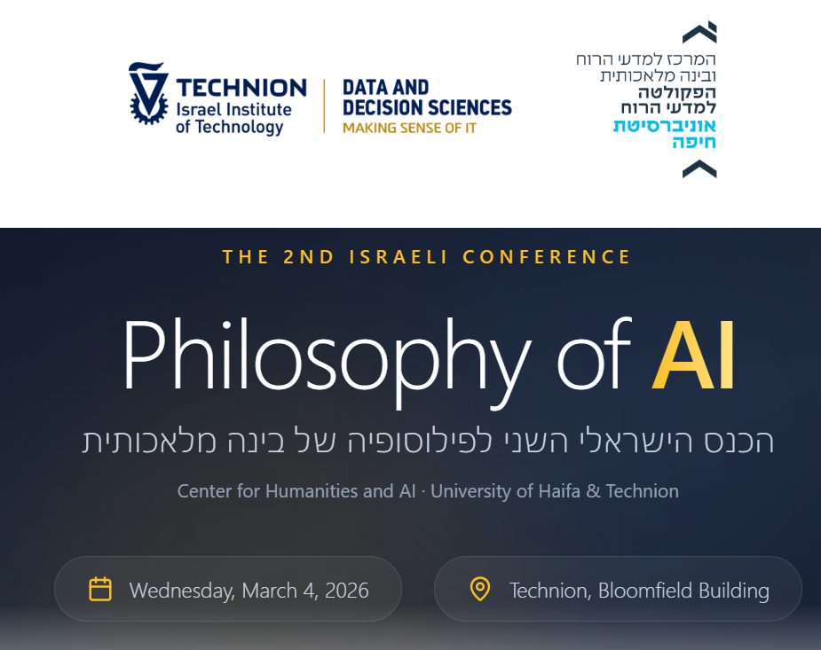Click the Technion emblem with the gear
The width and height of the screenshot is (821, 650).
tap(149, 93)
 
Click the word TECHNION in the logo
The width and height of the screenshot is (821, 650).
tap(241, 88)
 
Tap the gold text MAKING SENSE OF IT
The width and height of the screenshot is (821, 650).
tap(409, 128)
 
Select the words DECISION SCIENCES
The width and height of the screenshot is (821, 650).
tap(427, 107)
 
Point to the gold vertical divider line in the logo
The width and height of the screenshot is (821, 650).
tap(324, 106)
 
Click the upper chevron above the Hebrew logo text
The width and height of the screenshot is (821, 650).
tap(700, 33)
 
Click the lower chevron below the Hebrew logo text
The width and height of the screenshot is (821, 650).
tap(699, 169)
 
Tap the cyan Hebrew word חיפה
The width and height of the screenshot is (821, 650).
tap(694, 142)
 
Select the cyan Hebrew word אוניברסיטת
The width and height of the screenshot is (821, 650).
tap(665, 126)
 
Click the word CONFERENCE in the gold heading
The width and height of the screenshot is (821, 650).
tap(547, 257)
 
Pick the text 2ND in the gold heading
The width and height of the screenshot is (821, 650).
tap(308, 257)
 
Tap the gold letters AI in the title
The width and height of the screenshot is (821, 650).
tap(693, 356)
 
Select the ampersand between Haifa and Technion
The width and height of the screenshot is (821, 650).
tap(593, 491)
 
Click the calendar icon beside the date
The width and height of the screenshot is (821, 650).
tap(100, 589)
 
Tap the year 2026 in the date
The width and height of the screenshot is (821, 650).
tap(347, 591)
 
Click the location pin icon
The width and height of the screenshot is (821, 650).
tap(479, 589)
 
